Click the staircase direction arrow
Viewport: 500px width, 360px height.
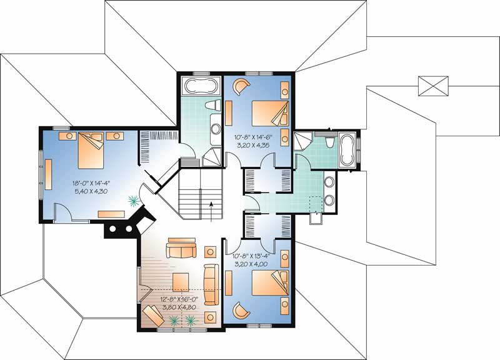(x=211, y=206)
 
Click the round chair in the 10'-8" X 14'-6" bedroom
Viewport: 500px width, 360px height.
(x=241, y=87)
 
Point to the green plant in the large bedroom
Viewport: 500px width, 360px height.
(x=133, y=201)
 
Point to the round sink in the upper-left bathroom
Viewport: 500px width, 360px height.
(x=214, y=129)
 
